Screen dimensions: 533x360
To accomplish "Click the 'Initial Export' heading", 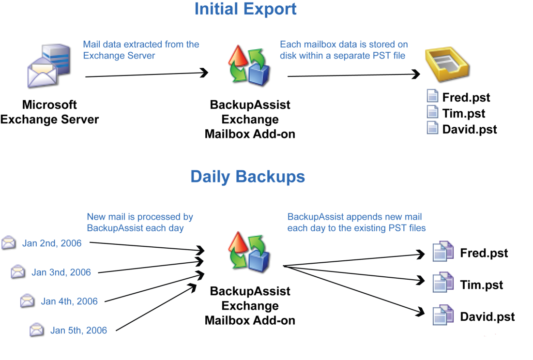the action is [x=245, y=9].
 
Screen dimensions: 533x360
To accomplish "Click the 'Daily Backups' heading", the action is [x=247, y=177].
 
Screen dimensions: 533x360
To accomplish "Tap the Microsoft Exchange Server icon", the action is [x=49, y=65].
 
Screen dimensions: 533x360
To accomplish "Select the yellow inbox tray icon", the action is [x=447, y=64].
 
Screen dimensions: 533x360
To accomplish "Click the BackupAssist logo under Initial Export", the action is [x=250, y=65].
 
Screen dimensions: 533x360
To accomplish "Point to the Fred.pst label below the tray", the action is [x=466, y=97].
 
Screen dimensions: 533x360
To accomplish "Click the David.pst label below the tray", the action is [x=470, y=129].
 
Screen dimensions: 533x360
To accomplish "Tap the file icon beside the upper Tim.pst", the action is [x=432, y=112].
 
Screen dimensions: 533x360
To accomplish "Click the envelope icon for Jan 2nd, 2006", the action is [x=9, y=242].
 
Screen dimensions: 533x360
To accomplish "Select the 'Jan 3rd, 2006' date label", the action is [x=61, y=272].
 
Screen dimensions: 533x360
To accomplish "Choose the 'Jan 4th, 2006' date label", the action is [x=69, y=301].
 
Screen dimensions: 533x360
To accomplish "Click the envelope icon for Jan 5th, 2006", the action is [x=37, y=330].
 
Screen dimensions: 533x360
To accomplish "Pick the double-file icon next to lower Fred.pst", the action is [x=443, y=251].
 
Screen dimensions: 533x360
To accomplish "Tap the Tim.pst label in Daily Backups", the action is [x=481, y=285].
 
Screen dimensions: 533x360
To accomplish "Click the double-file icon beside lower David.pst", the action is [x=443, y=315].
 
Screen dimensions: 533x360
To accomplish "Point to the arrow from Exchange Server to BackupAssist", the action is [x=147, y=75].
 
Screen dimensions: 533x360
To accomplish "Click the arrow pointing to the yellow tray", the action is [x=353, y=75].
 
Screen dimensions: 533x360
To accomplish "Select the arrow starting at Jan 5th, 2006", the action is [x=156, y=307].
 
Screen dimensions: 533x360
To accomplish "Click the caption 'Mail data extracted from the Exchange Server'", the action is [x=141, y=50].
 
